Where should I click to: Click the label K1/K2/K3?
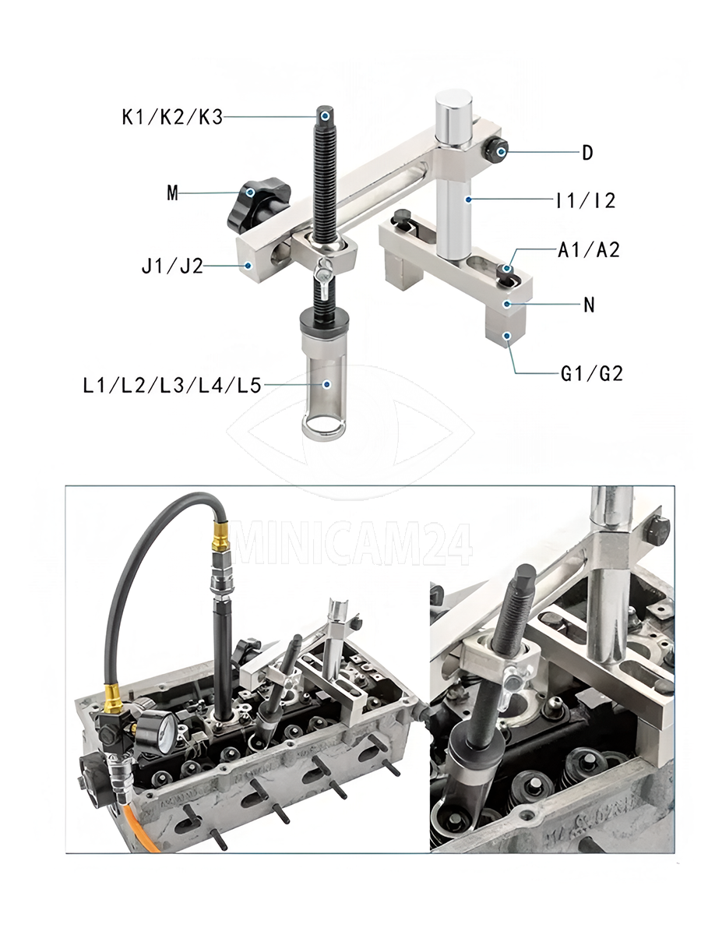click(x=172, y=117)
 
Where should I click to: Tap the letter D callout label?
click(x=588, y=153)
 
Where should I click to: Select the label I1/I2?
click(x=586, y=200)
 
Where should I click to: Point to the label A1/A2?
click(x=589, y=249)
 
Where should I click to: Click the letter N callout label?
click(x=589, y=305)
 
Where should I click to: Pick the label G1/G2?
click(x=592, y=373)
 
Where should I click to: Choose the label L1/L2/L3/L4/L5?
click(x=172, y=386)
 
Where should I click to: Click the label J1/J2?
click(x=172, y=266)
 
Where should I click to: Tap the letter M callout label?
click(x=172, y=193)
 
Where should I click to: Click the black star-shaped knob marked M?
click(x=257, y=206)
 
